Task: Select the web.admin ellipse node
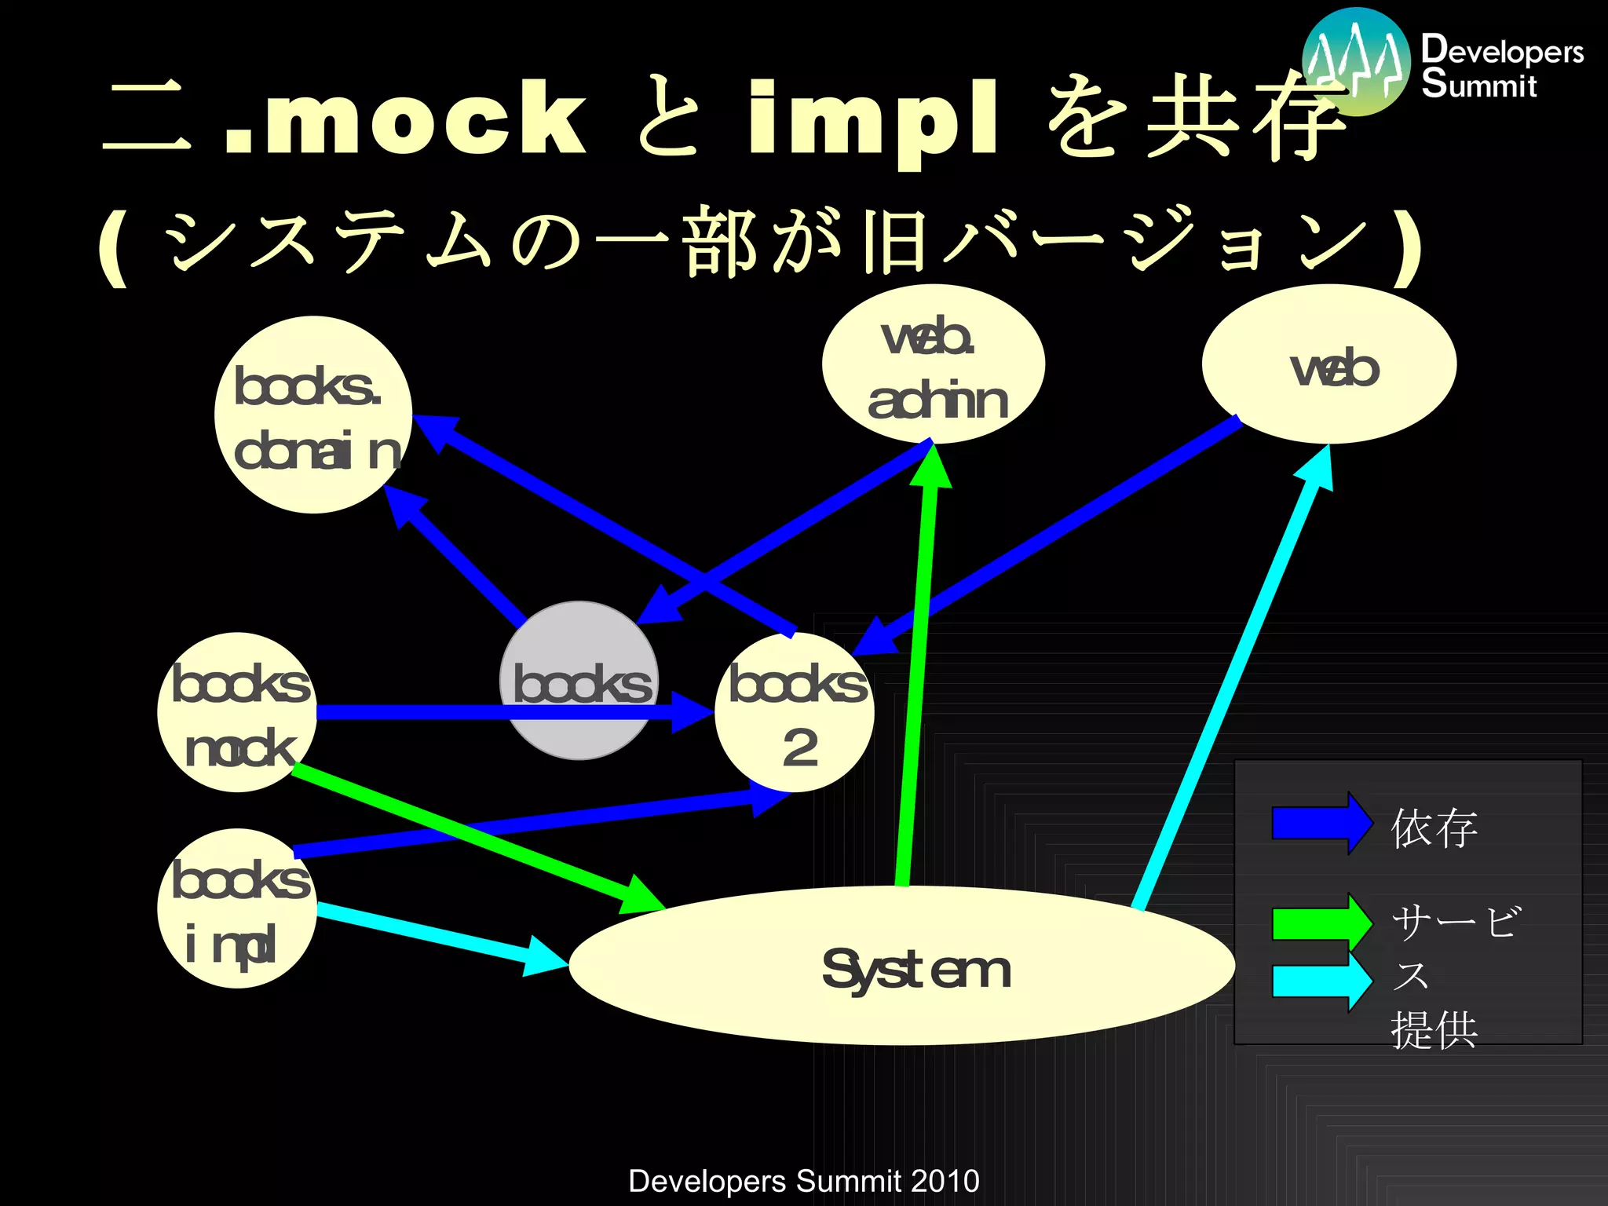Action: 933,364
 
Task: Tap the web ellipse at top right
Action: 1328,364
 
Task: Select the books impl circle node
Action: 237,909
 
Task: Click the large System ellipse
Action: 901,967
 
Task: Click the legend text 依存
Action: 1434,829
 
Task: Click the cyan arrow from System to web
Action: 1233,683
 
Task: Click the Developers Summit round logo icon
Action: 1356,61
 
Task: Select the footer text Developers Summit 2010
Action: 804,1181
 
